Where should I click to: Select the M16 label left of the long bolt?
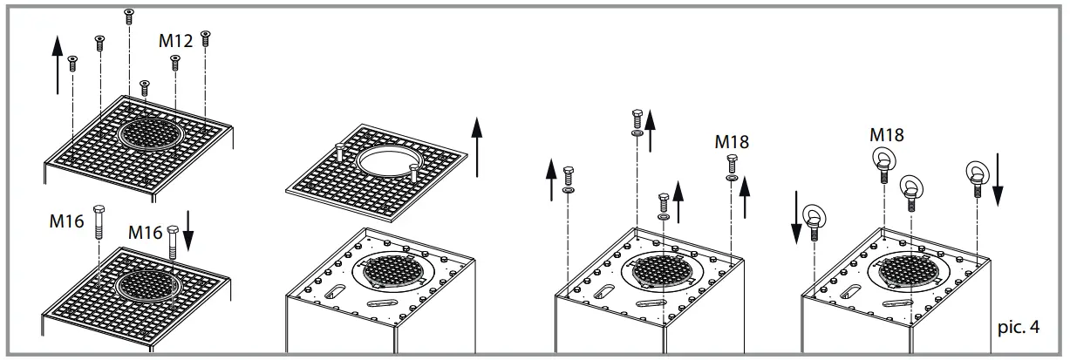coord(65,221)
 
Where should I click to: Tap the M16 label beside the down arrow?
coord(145,233)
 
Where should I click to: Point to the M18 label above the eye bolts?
coord(886,135)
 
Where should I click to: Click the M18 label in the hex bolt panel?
coord(732,141)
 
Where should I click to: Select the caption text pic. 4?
coord(1018,328)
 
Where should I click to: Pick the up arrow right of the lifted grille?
coord(476,145)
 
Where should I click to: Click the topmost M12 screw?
coord(129,15)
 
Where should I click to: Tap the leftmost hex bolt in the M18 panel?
coord(569,173)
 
